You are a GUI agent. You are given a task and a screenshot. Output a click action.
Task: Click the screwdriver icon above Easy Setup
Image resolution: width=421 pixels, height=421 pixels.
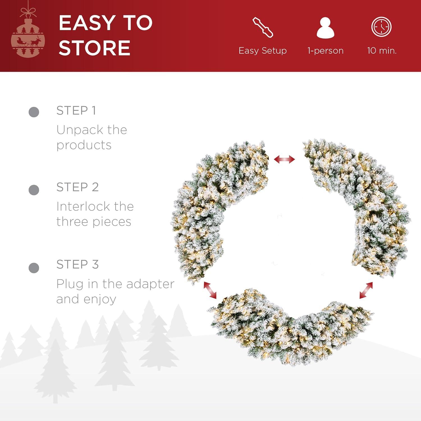pyautogui.click(x=263, y=27)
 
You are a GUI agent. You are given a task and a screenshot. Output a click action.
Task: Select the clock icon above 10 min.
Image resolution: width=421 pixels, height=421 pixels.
pyautogui.click(x=381, y=27)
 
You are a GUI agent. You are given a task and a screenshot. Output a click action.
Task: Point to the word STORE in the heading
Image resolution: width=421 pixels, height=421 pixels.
pyautogui.click(x=95, y=48)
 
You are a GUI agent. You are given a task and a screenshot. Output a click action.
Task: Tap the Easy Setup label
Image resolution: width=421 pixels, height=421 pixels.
pyautogui.click(x=263, y=51)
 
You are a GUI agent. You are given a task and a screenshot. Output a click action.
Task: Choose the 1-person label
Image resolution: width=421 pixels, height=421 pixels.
pyautogui.click(x=326, y=51)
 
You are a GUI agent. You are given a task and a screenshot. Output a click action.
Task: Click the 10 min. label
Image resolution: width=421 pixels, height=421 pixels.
pyautogui.click(x=382, y=51)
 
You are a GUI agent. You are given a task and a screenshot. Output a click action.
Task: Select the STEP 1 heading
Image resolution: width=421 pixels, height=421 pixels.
pyautogui.click(x=76, y=110)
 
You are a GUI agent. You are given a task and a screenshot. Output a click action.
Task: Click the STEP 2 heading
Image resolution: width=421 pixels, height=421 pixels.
pyautogui.click(x=77, y=187)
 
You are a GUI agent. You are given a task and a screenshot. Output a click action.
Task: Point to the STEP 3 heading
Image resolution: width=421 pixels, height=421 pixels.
pyautogui.click(x=77, y=264)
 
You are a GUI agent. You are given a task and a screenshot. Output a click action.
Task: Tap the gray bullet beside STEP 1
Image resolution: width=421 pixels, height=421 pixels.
pyautogui.click(x=34, y=112)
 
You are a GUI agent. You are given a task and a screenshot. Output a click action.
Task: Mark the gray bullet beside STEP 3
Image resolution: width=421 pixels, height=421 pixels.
pyautogui.click(x=34, y=268)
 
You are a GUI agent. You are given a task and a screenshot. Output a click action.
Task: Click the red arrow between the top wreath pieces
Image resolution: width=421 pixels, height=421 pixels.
pyautogui.click(x=284, y=159)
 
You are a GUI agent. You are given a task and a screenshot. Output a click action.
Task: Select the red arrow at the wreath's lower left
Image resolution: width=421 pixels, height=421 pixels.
pyautogui.click(x=210, y=290)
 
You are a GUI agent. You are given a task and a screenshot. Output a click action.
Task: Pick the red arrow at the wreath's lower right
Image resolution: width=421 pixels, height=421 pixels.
pyautogui.click(x=366, y=290)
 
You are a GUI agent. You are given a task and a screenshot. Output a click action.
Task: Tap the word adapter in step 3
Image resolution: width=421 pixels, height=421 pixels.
pyautogui.click(x=150, y=284)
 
